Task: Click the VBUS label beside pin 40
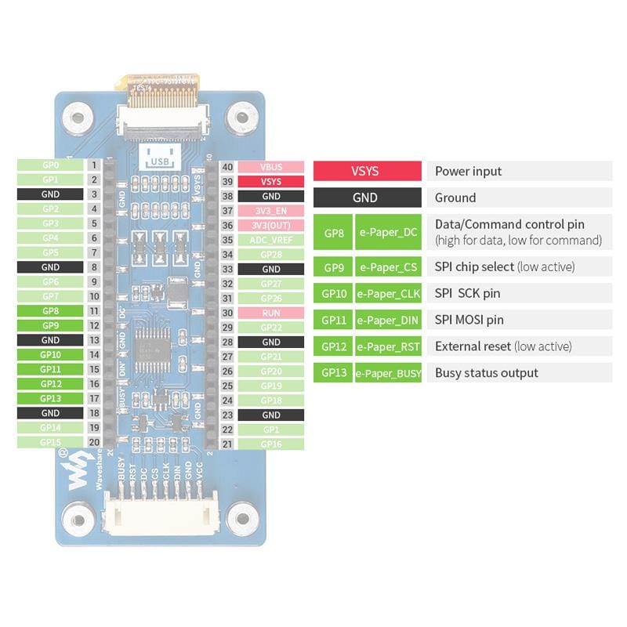click(x=270, y=167)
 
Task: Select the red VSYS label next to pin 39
click(x=270, y=181)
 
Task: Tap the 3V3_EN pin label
click(x=270, y=211)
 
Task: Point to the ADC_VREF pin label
click(x=270, y=240)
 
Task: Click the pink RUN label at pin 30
click(x=270, y=313)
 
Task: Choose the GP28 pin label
click(x=270, y=255)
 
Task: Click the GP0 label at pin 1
click(x=50, y=165)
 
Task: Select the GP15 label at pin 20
click(x=50, y=442)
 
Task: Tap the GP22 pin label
click(x=270, y=327)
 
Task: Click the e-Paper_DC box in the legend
click(x=389, y=233)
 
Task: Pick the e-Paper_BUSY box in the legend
click(x=389, y=373)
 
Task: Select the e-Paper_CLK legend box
click(x=389, y=294)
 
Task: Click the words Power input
click(x=468, y=172)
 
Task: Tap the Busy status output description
click(x=486, y=373)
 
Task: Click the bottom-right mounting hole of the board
click(x=244, y=517)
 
